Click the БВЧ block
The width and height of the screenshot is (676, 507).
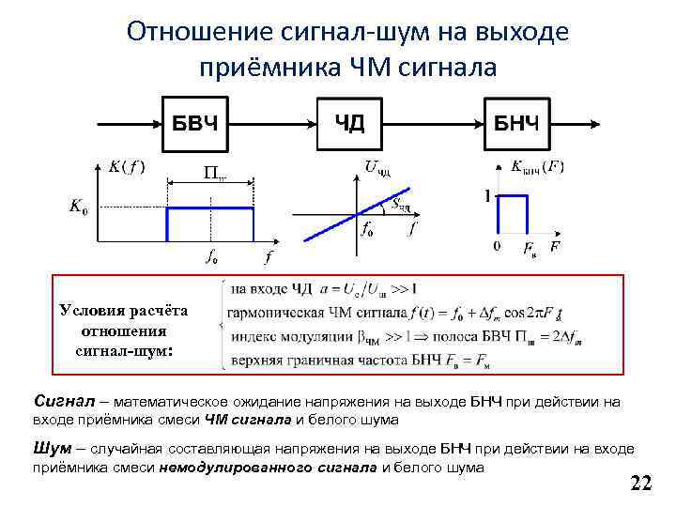click(195, 124)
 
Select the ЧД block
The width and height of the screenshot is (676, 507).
click(350, 124)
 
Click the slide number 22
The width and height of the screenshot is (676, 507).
click(640, 484)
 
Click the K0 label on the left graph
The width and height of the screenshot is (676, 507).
click(79, 207)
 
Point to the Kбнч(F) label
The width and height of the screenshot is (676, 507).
click(536, 167)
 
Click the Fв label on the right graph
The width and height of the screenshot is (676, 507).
click(530, 248)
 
